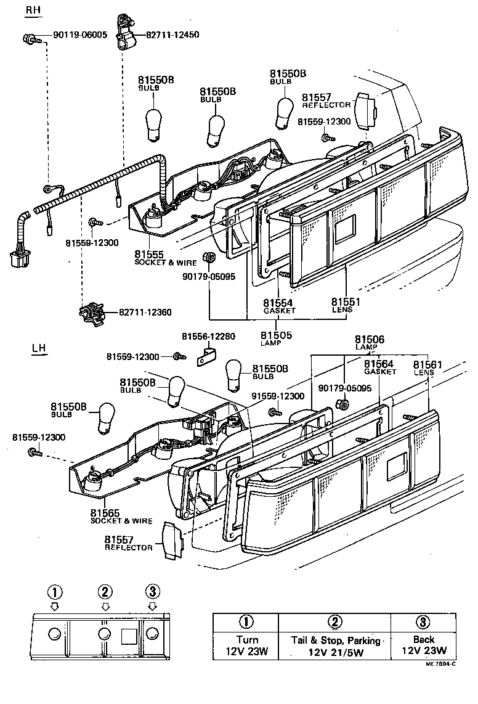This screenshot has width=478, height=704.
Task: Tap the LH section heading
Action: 38,348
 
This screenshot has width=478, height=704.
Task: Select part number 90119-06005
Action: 79,35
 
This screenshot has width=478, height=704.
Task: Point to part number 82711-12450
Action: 172,35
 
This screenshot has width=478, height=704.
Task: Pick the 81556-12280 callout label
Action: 208,336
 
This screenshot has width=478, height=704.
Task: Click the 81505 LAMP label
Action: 277,338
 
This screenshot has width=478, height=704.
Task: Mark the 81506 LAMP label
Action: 369,342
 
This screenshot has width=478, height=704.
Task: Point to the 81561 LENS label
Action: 427,367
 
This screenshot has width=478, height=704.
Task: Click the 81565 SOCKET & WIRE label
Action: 120,516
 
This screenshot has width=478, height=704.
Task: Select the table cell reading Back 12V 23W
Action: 423,645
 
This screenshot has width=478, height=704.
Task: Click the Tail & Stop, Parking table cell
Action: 335,645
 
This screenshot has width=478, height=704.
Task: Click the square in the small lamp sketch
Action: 129,635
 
